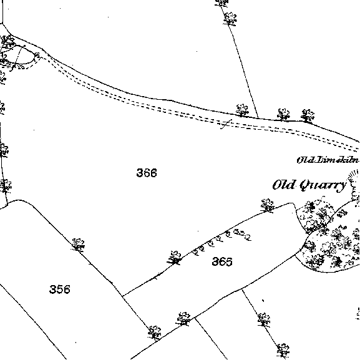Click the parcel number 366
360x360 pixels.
(x=147, y=173)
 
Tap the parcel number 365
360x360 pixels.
(x=221, y=261)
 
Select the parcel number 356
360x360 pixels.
(x=60, y=289)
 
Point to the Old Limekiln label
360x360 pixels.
(x=328, y=160)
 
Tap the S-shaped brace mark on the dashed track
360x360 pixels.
(x=226, y=124)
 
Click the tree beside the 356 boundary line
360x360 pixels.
(x=78, y=245)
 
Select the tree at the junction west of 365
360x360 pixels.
(x=175, y=258)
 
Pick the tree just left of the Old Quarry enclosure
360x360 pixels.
(x=268, y=205)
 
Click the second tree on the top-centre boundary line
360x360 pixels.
(x=230, y=19)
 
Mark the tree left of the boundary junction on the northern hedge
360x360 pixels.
(x=242, y=110)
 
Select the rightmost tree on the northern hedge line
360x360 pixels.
(x=308, y=115)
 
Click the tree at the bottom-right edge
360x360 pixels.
(x=283, y=351)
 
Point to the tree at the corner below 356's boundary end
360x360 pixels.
(x=155, y=333)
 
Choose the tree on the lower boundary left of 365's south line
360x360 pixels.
(x=183, y=319)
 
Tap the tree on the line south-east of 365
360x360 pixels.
(x=264, y=319)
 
